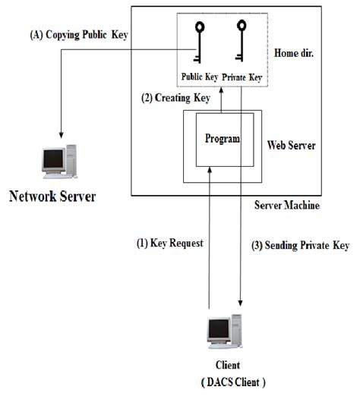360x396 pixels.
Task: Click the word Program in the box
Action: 223,139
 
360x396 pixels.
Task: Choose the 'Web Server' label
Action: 292,143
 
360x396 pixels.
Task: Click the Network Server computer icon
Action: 59,160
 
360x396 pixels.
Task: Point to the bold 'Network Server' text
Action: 52,197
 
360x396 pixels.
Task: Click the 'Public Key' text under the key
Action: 200,76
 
